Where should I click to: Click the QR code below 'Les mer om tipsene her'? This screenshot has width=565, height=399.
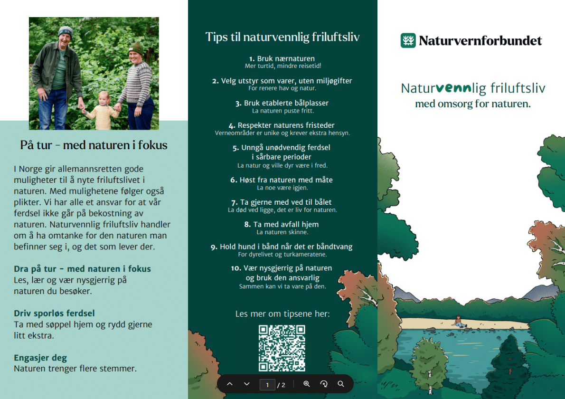point(282,348)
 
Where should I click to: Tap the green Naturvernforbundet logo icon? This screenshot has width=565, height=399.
point(408,40)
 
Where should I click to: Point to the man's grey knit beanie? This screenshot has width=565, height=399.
point(66,32)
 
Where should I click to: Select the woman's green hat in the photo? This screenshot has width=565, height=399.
point(137,48)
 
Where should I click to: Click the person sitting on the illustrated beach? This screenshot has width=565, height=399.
point(458,321)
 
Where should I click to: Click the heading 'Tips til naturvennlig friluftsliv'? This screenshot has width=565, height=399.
point(282,37)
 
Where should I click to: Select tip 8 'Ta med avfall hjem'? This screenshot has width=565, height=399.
point(282,225)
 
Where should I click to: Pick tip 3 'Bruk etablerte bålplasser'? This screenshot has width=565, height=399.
point(282,103)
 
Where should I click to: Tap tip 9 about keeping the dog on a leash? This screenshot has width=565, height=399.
point(282,247)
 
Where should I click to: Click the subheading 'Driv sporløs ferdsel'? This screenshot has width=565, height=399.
point(55,313)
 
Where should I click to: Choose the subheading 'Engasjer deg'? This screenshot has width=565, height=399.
point(40,358)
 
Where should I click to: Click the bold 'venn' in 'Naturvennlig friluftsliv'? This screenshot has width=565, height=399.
point(453,87)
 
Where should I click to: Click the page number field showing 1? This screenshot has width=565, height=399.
point(267,385)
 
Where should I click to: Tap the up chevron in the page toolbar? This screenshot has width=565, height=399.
point(229,384)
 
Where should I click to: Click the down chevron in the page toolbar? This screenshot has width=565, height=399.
point(247,384)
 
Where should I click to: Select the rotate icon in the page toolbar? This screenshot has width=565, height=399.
point(324,384)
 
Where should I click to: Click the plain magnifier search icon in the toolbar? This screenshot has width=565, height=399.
point(341,384)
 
